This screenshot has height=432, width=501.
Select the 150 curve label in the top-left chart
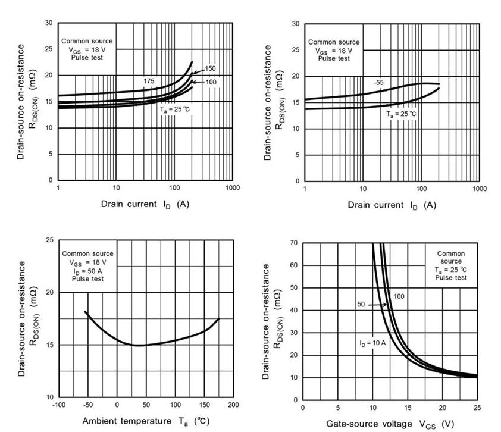(x=209, y=69)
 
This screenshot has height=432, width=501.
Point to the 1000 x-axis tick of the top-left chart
(x=233, y=187)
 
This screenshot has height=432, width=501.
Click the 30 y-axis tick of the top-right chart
(x=295, y=24)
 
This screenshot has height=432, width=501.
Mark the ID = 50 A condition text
(x=87, y=270)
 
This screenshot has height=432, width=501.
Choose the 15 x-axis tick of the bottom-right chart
(x=408, y=408)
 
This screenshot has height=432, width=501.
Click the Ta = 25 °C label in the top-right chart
(x=400, y=114)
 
